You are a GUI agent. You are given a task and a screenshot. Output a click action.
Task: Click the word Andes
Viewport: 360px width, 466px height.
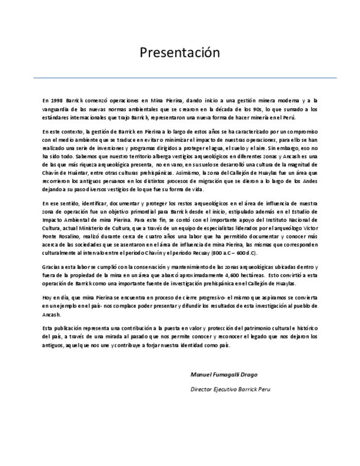coord(309,181)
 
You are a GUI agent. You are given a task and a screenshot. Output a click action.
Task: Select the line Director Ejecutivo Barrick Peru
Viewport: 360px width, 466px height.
coord(230,389)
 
